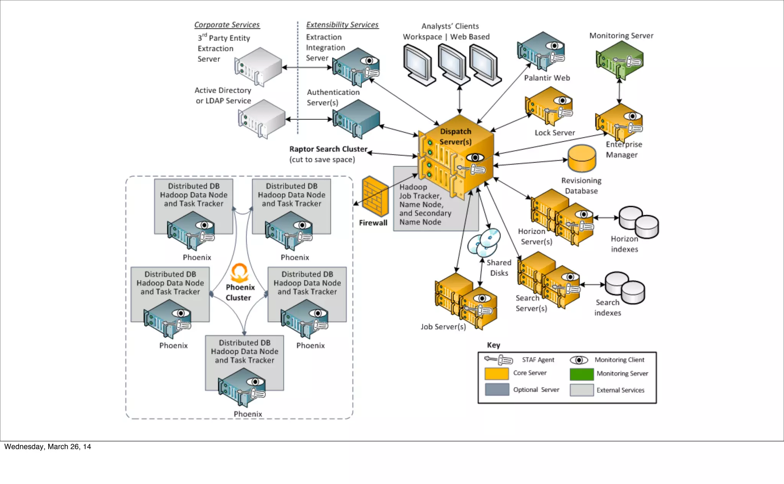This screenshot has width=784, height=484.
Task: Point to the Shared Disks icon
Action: pyautogui.click(x=484, y=242)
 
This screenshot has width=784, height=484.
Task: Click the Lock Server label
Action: pyautogui.click(x=555, y=133)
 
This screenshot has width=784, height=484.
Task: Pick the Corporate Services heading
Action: pyautogui.click(x=227, y=25)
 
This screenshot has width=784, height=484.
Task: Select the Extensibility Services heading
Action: pyautogui.click(x=342, y=25)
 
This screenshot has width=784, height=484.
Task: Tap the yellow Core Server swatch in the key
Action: pyautogui.click(x=497, y=373)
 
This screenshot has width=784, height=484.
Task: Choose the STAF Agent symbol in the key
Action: pyautogui.click(x=498, y=360)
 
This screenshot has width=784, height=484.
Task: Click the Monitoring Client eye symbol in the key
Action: pyautogui.click(x=579, y=360)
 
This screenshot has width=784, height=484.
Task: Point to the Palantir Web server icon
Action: pyautogui.click(x=541, y=52)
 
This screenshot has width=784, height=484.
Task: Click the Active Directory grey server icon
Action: pyautogui.click(x=261, y=119)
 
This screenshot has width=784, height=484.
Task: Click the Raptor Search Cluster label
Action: pyautogui.click(x=328, y=149)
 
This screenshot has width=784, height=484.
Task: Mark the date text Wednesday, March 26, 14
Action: pyautogui.click(x=48, y=447)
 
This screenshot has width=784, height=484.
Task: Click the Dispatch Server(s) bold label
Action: pyautogui.click(x=456, y=137)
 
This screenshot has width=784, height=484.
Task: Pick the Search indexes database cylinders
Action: pyautogui.click(x=625, y=288)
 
